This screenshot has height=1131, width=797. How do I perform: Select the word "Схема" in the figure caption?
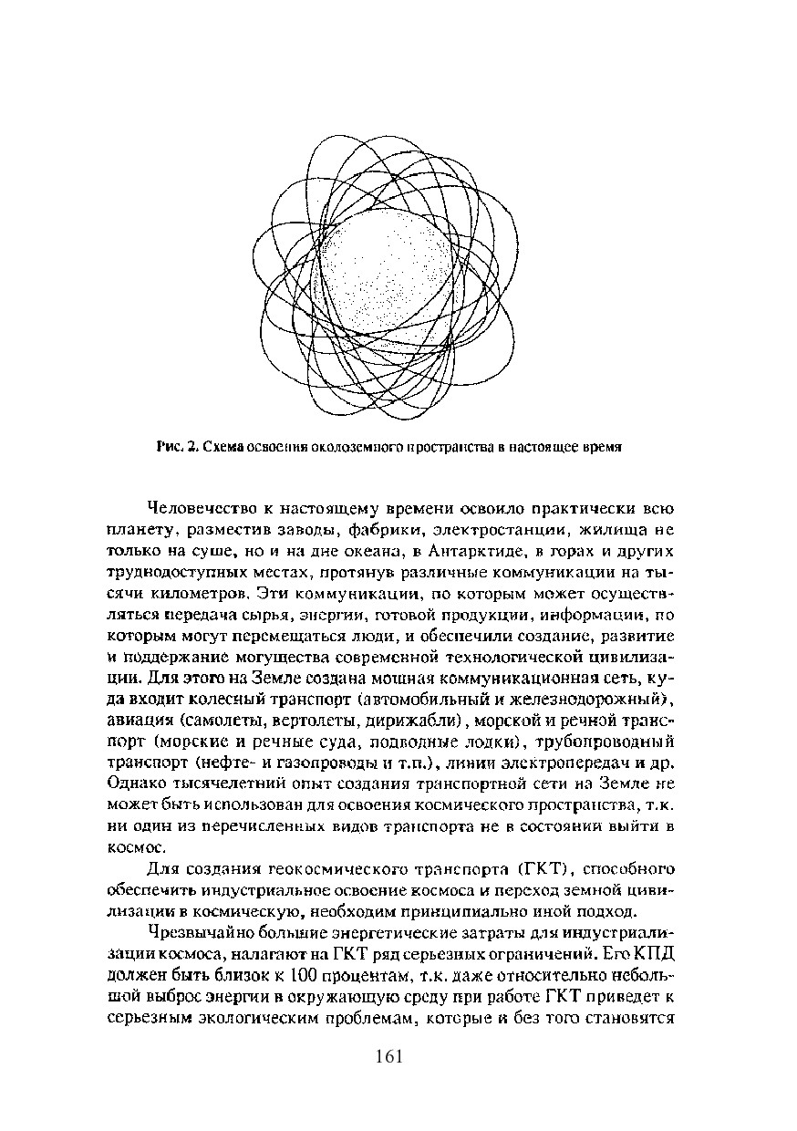pos(222,448)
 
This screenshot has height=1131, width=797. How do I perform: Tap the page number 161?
pos(388,1057)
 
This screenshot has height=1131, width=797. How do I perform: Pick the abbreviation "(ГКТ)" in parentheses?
pos(542,867)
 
